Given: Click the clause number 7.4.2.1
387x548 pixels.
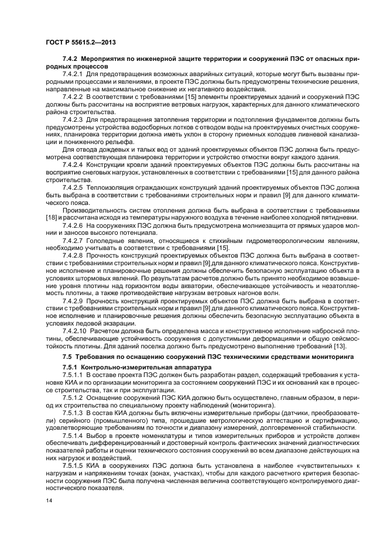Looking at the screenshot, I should (x=73, y=74).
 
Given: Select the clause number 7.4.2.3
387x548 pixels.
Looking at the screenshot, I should (x=73, y=119).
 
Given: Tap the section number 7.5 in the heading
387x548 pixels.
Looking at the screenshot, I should (x=67, y=356).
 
